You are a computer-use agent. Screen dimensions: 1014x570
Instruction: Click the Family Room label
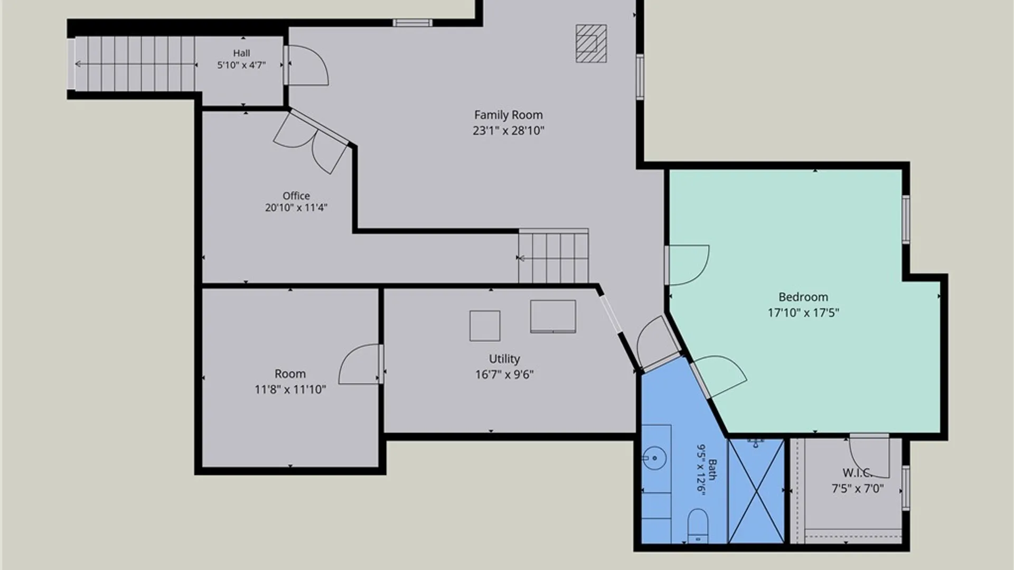coord(508,115)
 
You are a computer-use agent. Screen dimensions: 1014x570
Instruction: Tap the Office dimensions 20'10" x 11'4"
coord(296,208)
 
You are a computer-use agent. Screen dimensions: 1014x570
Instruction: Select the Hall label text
coord(241,53)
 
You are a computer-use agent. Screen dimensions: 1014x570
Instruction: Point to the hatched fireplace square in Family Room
coord(591,43)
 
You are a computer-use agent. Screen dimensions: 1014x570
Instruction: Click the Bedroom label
coord(803,297)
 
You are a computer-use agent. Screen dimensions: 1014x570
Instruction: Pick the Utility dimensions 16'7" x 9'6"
coord(504,375)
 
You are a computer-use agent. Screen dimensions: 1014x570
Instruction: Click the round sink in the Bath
coord(655,458)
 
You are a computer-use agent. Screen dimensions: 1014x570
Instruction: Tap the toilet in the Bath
coord(698,525)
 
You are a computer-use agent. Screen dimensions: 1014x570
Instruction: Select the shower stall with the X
coord(756,491)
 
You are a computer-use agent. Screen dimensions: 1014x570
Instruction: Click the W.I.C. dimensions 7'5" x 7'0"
coord(858,489)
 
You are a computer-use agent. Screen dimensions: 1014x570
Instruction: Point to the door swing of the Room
coord(360,364)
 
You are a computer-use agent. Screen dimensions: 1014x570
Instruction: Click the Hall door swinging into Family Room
coord(306,65)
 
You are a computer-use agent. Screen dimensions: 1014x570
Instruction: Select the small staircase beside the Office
coord(553,256)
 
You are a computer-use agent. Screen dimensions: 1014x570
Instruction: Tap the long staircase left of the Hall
coord(135,64)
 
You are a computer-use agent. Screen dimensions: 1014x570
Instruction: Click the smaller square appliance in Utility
coord(485,326)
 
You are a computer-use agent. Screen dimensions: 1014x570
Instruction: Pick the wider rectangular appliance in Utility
coord(553,316)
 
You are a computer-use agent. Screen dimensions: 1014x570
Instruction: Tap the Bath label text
coord(712,470)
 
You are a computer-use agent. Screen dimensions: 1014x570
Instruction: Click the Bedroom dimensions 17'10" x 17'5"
coord(803,313)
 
